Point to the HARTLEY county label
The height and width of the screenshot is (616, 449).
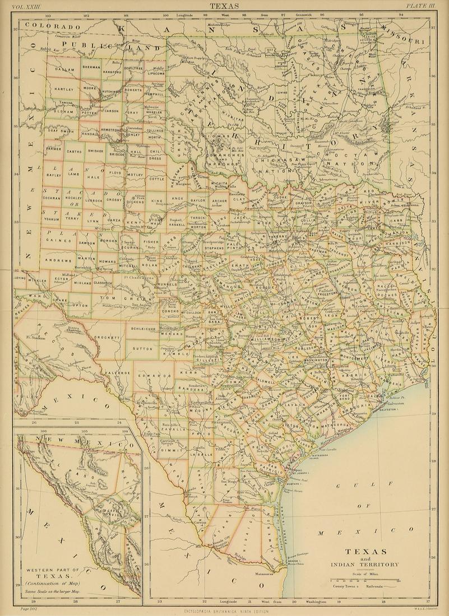click(x=64, y=89)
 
